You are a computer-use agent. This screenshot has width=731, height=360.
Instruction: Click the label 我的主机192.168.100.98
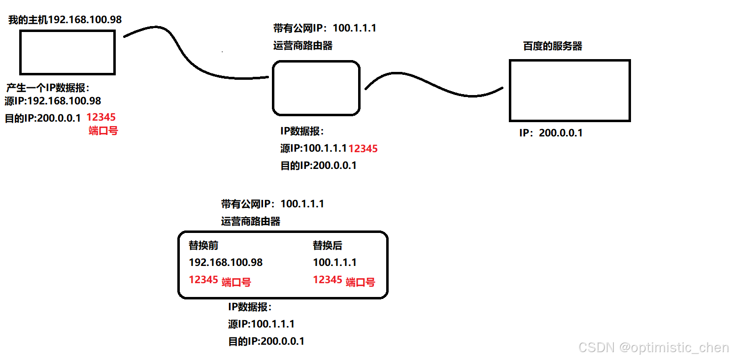coord(65,20)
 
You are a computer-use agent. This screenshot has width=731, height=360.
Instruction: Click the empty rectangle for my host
coord(67,52)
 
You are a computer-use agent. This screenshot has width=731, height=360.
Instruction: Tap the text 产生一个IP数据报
coord(48,88)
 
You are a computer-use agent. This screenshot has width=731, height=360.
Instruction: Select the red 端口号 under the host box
coord(103,131)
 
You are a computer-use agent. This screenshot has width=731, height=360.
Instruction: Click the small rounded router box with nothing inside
coord(316,88)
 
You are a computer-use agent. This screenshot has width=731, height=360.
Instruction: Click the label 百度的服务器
coord(552,46)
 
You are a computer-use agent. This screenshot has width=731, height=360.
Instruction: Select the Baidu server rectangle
coord(569,91)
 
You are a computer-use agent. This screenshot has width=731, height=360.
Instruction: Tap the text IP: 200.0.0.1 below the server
coord(551,133)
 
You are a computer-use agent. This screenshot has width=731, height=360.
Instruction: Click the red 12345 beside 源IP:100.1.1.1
coord(363,149)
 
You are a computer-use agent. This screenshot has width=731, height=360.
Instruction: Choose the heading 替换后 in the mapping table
coord(327,245)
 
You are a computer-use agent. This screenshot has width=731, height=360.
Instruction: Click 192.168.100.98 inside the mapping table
coord(226,262)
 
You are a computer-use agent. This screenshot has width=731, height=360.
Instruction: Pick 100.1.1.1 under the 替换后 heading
coord(334,262)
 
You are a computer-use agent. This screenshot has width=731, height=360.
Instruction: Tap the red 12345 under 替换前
coord(203,280)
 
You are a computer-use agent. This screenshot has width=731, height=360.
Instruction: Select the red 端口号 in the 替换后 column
coord(360,282)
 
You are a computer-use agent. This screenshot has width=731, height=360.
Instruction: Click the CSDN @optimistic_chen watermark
coord(653,348)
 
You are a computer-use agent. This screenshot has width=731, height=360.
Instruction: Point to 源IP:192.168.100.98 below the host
coord(53,101)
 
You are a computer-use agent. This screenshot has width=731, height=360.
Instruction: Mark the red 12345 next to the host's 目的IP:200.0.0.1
coord(101,118)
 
